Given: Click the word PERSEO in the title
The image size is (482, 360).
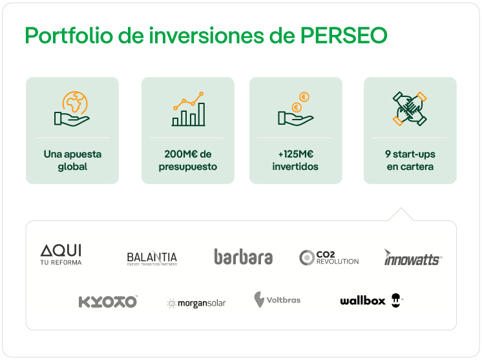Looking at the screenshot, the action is point(344,36).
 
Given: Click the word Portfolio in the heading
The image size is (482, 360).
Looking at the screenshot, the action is point(69,36).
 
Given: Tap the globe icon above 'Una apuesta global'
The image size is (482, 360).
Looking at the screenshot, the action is point(72,109).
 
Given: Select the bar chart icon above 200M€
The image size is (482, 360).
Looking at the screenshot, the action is point(189,109).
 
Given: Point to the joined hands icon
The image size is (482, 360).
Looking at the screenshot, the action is point(410,109).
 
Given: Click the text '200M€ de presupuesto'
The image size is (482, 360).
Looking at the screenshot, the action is point(188,160).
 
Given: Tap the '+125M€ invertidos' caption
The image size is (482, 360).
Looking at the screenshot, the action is point(295,160).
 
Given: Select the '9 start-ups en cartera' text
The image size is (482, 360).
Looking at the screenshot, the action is point(410,160).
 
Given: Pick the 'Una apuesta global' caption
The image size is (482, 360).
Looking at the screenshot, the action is point(72,160).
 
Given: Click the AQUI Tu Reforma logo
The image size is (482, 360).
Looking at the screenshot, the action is point(61,255).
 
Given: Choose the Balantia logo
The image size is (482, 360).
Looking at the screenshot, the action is point(152,259).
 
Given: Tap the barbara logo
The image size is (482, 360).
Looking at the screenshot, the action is point(243,257).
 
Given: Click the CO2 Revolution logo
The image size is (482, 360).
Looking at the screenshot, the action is point(329,258).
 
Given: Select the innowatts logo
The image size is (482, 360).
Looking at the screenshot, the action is point(413,257).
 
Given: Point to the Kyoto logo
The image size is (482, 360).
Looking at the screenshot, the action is point(108,302).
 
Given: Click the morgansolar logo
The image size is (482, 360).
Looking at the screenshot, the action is point(196,303).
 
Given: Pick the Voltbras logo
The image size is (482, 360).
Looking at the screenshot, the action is point(277,300).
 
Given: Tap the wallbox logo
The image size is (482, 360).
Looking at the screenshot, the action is point(372,301).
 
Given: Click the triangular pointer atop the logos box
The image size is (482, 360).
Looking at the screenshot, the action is point(401,215).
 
